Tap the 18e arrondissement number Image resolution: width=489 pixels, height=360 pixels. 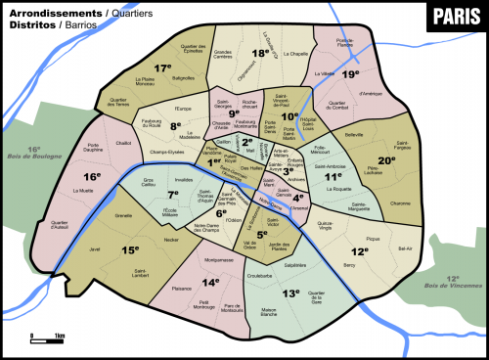(x=260, y=55)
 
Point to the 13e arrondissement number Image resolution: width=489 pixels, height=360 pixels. (x=290, y=292)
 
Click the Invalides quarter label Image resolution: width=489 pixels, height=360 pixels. (x=184, y=180)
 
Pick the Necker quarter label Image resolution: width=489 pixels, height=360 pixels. (x=172, y=238)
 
